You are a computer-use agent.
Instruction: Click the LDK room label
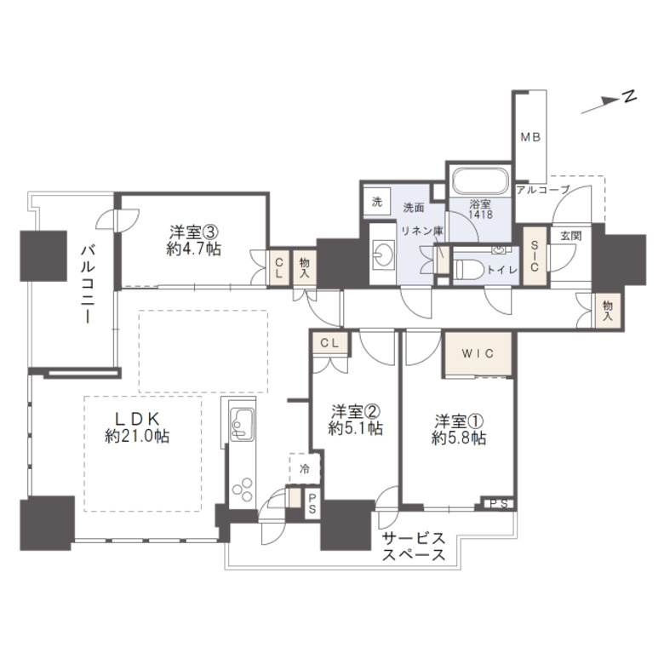137,427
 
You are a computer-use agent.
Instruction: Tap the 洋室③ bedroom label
194,241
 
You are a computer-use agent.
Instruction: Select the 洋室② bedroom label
356,420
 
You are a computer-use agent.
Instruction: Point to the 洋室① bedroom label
459,429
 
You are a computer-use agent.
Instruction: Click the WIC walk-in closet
478,353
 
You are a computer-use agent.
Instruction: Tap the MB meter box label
530,137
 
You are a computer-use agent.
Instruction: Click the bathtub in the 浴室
479,181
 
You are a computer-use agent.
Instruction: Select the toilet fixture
468,268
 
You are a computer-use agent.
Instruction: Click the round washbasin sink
384,255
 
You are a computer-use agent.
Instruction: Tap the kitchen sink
243,425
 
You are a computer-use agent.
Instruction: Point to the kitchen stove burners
243,489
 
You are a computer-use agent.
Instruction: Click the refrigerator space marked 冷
305,469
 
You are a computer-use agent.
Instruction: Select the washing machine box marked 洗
377,202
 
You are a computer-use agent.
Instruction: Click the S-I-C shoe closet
535,256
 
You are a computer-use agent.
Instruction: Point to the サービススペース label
415,547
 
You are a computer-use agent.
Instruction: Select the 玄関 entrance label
570,236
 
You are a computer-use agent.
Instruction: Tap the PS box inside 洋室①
499,503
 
